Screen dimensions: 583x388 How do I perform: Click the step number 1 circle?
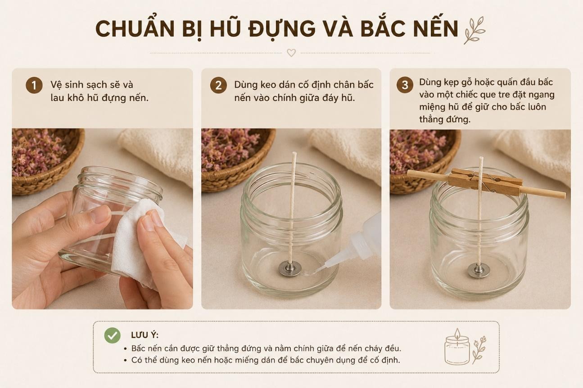point(34,85)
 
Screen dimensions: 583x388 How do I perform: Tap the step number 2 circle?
point(218,85)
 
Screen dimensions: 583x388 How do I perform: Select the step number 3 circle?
point(405,85)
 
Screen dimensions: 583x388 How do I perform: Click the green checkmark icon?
point(113,335)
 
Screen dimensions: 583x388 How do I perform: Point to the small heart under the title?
point(291,53)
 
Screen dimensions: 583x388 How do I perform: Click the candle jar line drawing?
point(457,346)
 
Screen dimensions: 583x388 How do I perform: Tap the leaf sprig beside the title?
point(475,31)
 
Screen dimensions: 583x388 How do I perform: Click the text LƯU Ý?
point(145,335)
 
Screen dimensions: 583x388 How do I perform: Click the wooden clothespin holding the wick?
point(485,182)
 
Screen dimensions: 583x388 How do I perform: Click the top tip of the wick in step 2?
point(294,152)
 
